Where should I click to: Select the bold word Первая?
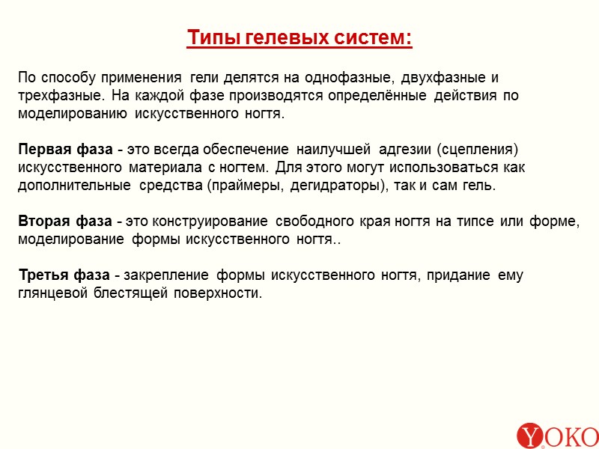coord(45,149)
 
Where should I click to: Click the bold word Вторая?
coord(45,222)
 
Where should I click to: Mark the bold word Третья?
coord(44,275)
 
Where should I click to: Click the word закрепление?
coord(165,275)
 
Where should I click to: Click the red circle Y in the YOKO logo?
coord(530,436)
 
